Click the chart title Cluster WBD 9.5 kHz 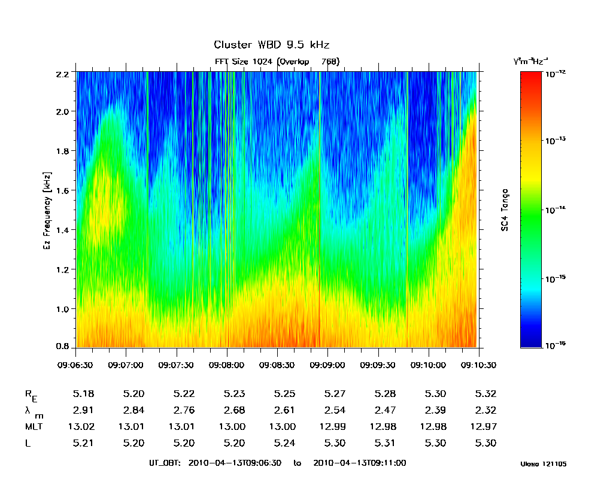point(271,46)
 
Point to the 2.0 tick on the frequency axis point(61,111)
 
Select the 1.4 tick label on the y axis point(61,230)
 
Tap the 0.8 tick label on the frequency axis point(61,347)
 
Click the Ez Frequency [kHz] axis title point(46,210)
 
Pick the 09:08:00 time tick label point(226,365)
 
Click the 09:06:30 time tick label point(75,365)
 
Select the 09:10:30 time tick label point(478,365)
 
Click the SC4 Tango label point(505,209)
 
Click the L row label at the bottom point(28,443)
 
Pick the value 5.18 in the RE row point(83,394)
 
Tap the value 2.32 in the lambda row point(486,410)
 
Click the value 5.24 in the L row point(284,443)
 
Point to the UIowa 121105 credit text point(544,464)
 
